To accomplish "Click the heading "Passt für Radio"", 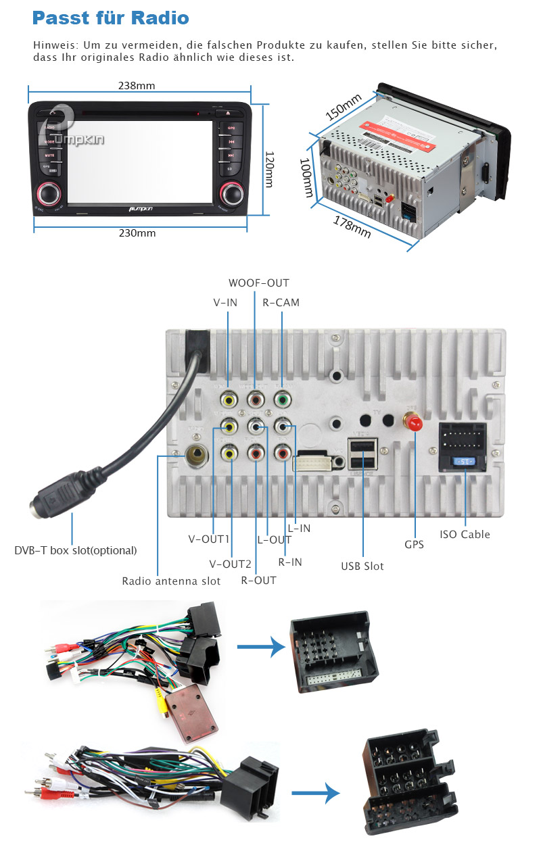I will coord(110,18).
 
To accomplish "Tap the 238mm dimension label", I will coord(137,86).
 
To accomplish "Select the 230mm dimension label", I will coord(137,233).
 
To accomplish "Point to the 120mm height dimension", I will coord(268,169).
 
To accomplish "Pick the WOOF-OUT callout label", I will coord(258,283).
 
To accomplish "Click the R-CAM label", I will coord(281,303).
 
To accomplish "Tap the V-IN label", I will coord(225,303).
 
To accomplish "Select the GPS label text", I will coord(414,544).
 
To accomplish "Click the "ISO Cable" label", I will coord(465,534).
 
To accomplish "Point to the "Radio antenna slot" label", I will coord(171,581).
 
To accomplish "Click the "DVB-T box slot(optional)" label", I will coord(76,550).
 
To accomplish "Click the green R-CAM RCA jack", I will coord(281,401).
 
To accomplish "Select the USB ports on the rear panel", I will coord(362,454).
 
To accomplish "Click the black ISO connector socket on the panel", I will coord(464,439).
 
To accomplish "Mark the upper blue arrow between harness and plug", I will coord(260,647).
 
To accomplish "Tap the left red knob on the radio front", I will coord(49,193).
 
